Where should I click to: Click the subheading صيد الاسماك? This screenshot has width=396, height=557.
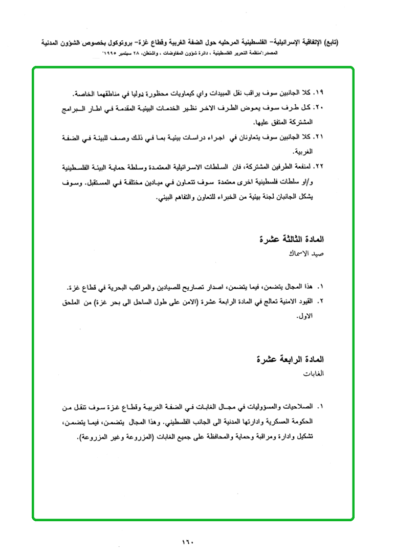click(x=310, y=253)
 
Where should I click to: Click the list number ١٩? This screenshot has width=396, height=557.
click(x=321, y=94)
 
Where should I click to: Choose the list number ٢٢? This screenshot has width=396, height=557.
click(x=321, y=167)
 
